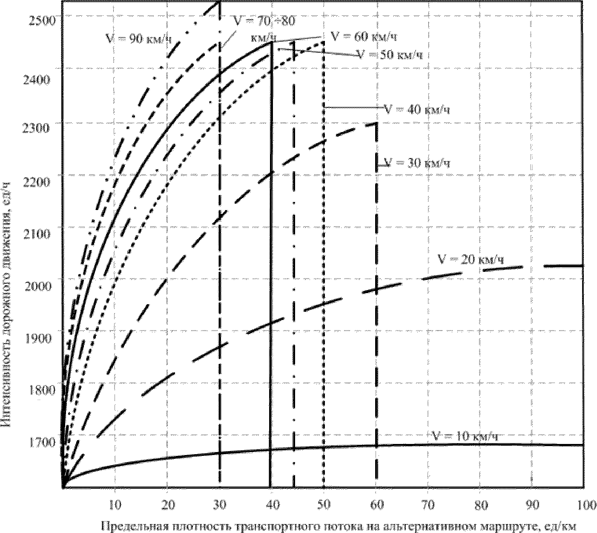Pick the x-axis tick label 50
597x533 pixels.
324,505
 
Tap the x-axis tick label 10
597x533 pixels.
115,505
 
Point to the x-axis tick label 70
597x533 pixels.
428,505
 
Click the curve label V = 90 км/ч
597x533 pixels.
139,38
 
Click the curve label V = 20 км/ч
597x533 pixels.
470,259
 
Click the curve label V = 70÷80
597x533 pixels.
264,20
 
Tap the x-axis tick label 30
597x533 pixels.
219,505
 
